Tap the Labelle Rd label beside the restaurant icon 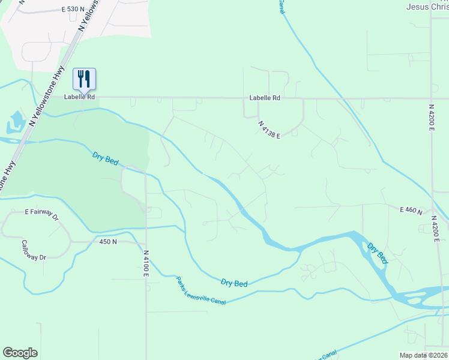click(80, 97)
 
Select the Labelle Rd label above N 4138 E click(265, 98)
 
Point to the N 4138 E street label click(270, 130)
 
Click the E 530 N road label click(73, 10)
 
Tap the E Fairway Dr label click(41, 212)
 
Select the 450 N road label click(109, 242)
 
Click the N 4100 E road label click(145, 265)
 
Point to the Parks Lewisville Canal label click(200, 290)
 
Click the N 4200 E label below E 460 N click(438, 232)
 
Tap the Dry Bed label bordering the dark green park click(105, 159)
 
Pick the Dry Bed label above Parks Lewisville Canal click(234, 283)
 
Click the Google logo click(20, 353)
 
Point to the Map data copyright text click(424, 355)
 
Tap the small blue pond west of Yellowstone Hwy click(14, 122)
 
